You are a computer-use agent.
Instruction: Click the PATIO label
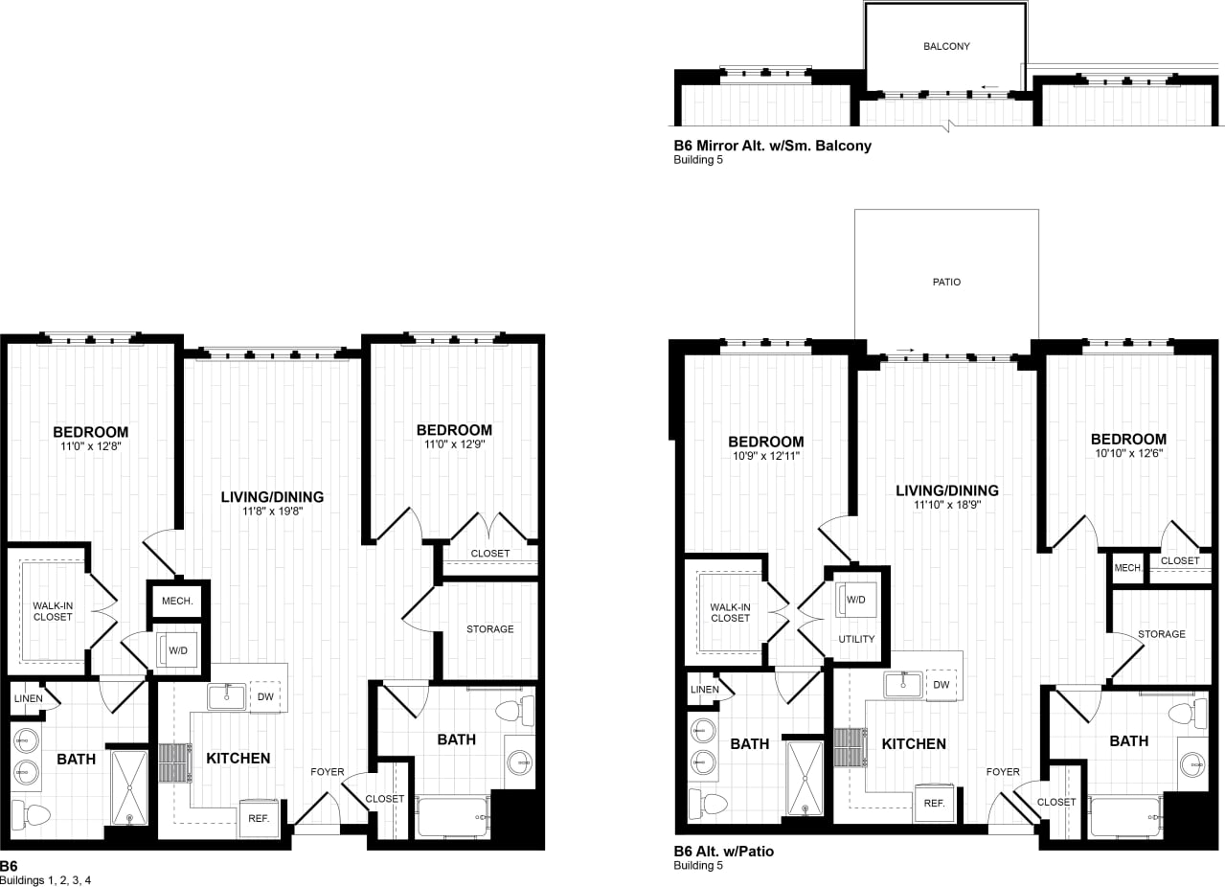946,282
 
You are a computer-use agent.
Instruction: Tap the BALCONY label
946,46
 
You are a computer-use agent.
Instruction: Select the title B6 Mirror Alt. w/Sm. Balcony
772,147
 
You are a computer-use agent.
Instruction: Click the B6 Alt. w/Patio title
723,851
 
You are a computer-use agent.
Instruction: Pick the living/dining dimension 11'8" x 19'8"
272,512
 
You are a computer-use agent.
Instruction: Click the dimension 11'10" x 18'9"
946,505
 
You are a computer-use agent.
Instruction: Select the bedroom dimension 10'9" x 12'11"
765,456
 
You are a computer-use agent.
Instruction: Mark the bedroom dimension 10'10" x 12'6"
1128,453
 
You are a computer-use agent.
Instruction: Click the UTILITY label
856,639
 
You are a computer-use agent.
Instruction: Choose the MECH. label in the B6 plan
178,602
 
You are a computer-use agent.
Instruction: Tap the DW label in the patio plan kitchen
941,685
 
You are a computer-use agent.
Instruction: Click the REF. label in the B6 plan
259,819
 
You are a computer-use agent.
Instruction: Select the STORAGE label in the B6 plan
489,629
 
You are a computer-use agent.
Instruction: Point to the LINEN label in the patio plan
704,690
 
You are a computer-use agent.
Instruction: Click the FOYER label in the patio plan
1004,772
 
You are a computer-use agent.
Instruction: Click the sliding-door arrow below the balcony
989,86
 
